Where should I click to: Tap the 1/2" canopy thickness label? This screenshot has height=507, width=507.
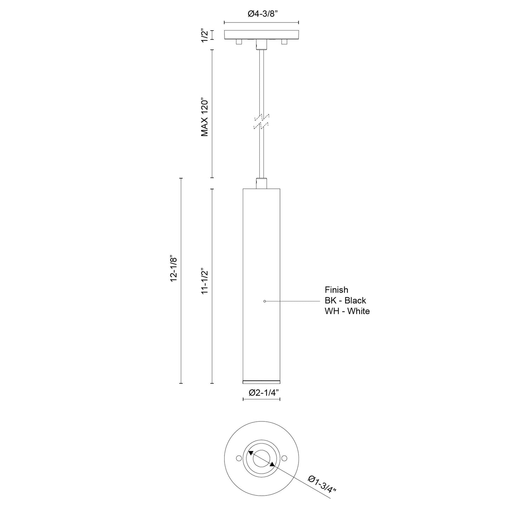[205, 35]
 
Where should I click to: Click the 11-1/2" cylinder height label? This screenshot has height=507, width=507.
[205, 281]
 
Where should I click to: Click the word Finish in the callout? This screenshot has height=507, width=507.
[336, 290]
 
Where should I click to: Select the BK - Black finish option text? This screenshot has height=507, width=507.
[345, 300]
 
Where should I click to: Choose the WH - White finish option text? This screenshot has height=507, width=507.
[347, 311]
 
